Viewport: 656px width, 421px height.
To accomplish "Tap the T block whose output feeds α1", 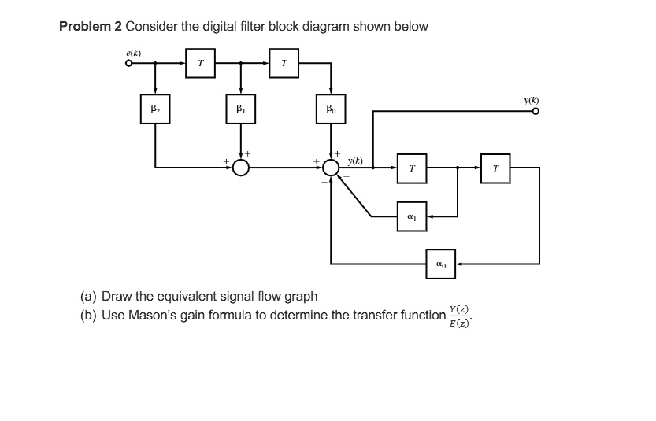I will coord(412,168).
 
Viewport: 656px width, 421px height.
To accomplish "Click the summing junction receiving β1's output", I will coord(240,168).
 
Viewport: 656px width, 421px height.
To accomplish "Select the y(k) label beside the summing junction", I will coord(355,161).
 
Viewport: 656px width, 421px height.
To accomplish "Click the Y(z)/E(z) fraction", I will coord(460,316).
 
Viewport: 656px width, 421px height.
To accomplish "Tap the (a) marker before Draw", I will coord(89,297).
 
